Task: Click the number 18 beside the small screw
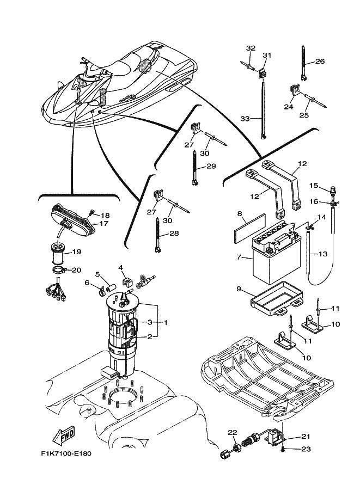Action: [x=105, y=216]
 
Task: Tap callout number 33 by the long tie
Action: [x=245, y=118]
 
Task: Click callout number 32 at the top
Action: [x=250, y=48]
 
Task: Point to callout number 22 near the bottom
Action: [x=232, y=433]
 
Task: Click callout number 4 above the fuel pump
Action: [x=121, y=267]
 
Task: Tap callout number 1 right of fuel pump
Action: [x=165, y=322]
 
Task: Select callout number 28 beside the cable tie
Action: [x=174, y=233]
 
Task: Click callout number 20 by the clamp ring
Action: [x=76, y=269]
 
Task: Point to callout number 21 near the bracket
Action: [x=304, y=436]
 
